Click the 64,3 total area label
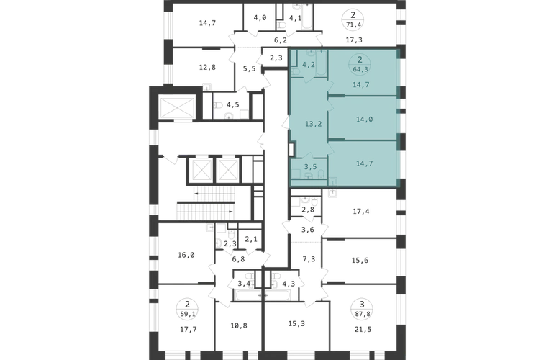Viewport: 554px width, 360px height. (360, 70)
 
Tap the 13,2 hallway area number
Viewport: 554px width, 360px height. (313, 124)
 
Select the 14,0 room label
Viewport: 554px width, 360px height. (364, 120)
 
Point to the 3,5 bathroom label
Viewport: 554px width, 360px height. (310, 167)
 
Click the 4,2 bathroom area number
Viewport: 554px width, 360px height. (309, 65)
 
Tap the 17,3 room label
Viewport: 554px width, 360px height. (354, 40)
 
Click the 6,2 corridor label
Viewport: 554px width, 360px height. (281, 40)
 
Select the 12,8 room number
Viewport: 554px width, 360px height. (207, 67)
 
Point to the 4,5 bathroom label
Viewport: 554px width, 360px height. (232, 104)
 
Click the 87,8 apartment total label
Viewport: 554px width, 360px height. (361, 313)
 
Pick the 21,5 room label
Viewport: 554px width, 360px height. (363, 330)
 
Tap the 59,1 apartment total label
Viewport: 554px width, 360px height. (187, 313)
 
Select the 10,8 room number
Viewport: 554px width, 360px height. (239, 325)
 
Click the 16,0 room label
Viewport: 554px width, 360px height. (186, 255)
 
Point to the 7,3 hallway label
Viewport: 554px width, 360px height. (309, 260)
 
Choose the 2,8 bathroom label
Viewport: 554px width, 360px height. (308, 210)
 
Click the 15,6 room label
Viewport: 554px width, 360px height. (360, 261)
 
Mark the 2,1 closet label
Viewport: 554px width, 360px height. (251, 240)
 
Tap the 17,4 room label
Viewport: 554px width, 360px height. (361, 212)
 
